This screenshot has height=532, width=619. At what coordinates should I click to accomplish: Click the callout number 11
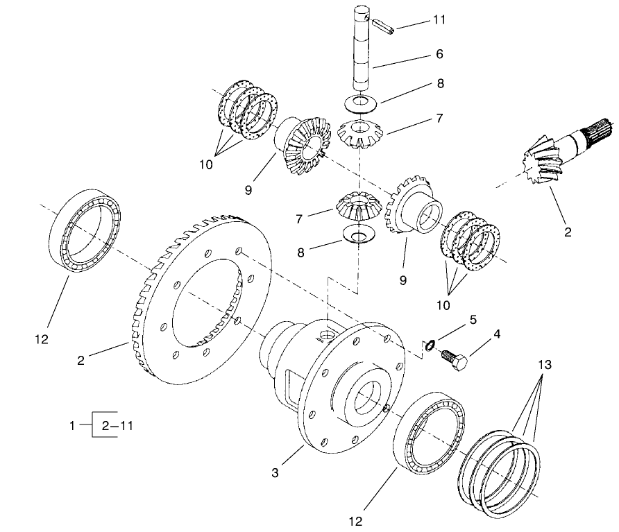click(439, 20)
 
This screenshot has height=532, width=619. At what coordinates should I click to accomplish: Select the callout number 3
click(276, 474)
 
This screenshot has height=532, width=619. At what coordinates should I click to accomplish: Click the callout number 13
click(545, 366)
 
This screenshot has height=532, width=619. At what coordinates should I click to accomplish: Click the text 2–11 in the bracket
click(117, 426)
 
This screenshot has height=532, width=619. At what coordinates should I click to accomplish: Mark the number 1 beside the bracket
click(72, 426)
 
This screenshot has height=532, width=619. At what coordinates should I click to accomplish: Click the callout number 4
click(496, 334)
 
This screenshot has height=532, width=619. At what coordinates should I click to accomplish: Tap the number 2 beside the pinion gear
click(568, 232)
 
